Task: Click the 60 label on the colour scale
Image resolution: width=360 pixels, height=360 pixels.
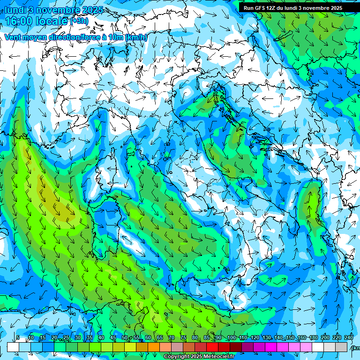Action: [148, 337]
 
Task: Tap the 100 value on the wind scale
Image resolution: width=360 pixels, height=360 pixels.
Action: [231, 337]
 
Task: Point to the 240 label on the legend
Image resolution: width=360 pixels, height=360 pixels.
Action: [349, 337]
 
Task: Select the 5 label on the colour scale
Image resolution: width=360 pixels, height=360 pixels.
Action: [18, 337]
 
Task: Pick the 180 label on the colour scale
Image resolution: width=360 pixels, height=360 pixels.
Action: [314, 337]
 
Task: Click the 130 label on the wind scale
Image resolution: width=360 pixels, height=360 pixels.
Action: [267, 337]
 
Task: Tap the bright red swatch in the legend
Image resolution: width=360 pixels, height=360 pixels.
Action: [212, 347]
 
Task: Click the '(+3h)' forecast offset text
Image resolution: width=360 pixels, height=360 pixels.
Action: [79, 21]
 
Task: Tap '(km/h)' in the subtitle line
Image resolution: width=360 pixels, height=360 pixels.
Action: [136, 37]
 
